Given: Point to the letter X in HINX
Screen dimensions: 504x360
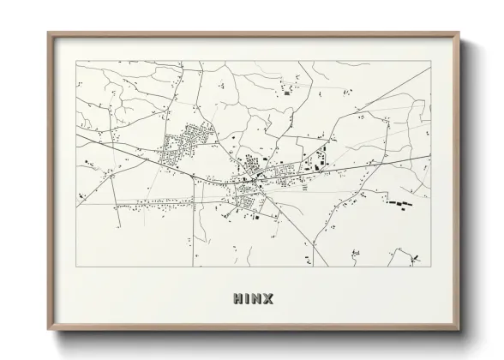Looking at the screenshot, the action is tap(268, 299).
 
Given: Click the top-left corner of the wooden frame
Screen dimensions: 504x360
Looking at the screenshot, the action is tap(48, 33).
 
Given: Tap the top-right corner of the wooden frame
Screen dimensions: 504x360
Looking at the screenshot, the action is tap(460, 33).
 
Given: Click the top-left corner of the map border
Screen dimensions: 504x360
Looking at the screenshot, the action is tap(77, 62).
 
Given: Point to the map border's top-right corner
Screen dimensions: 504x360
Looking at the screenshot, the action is tap(431, 62).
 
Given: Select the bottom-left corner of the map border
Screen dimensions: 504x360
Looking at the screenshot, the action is tap(77, 267).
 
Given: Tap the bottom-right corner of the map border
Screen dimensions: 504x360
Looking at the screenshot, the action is tap(431, 267).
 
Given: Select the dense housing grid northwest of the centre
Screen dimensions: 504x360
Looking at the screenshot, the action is tap(186, 146).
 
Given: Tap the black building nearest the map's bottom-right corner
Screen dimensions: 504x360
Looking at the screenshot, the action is tap(416, 257).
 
